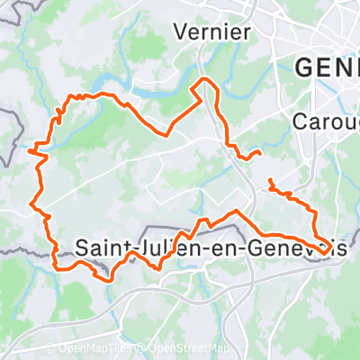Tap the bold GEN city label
327,67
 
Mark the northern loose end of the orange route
259,153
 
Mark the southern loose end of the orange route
269,183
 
